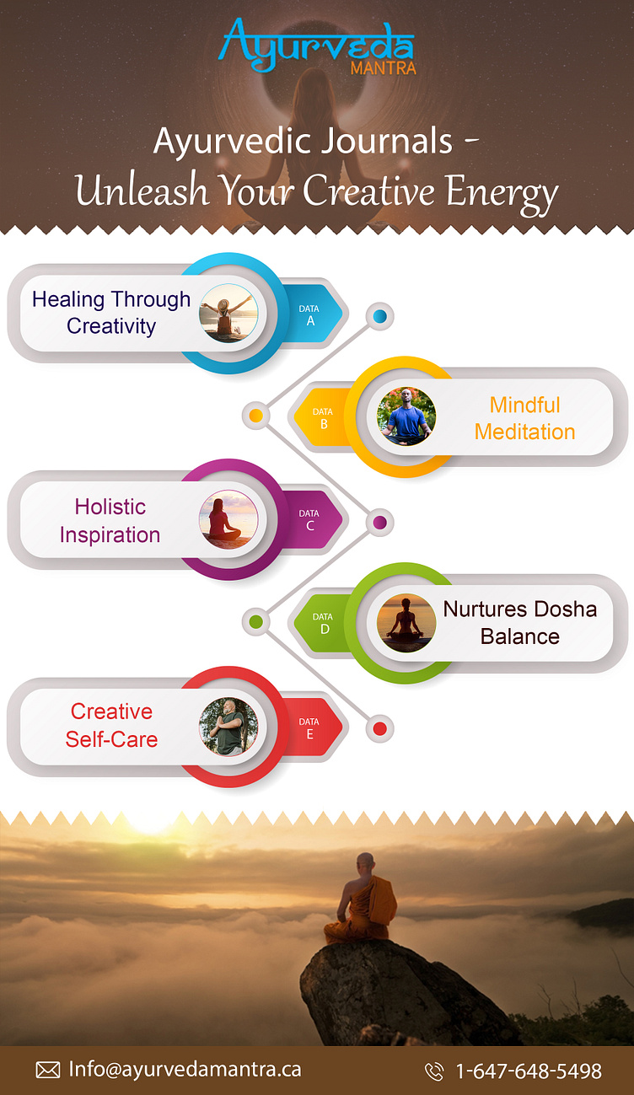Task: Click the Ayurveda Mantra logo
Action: click(317, 46)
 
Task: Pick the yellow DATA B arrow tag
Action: click(323, 418)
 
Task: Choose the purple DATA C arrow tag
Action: click(310, 519)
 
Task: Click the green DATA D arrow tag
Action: click(324, 623)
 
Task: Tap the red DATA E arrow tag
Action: click(310, 727)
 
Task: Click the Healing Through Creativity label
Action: click(111, 313)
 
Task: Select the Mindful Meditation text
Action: click(524, 418)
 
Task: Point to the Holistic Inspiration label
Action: click(110, 520)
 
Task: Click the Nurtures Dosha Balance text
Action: click(519, 622)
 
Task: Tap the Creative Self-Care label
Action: click(111, 725)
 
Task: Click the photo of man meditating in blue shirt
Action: click(406, 416)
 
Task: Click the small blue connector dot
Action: click(379, 316)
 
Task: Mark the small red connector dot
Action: click(379, 728)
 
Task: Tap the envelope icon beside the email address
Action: click(48, 1071)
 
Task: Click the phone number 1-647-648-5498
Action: click(529, 1071)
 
